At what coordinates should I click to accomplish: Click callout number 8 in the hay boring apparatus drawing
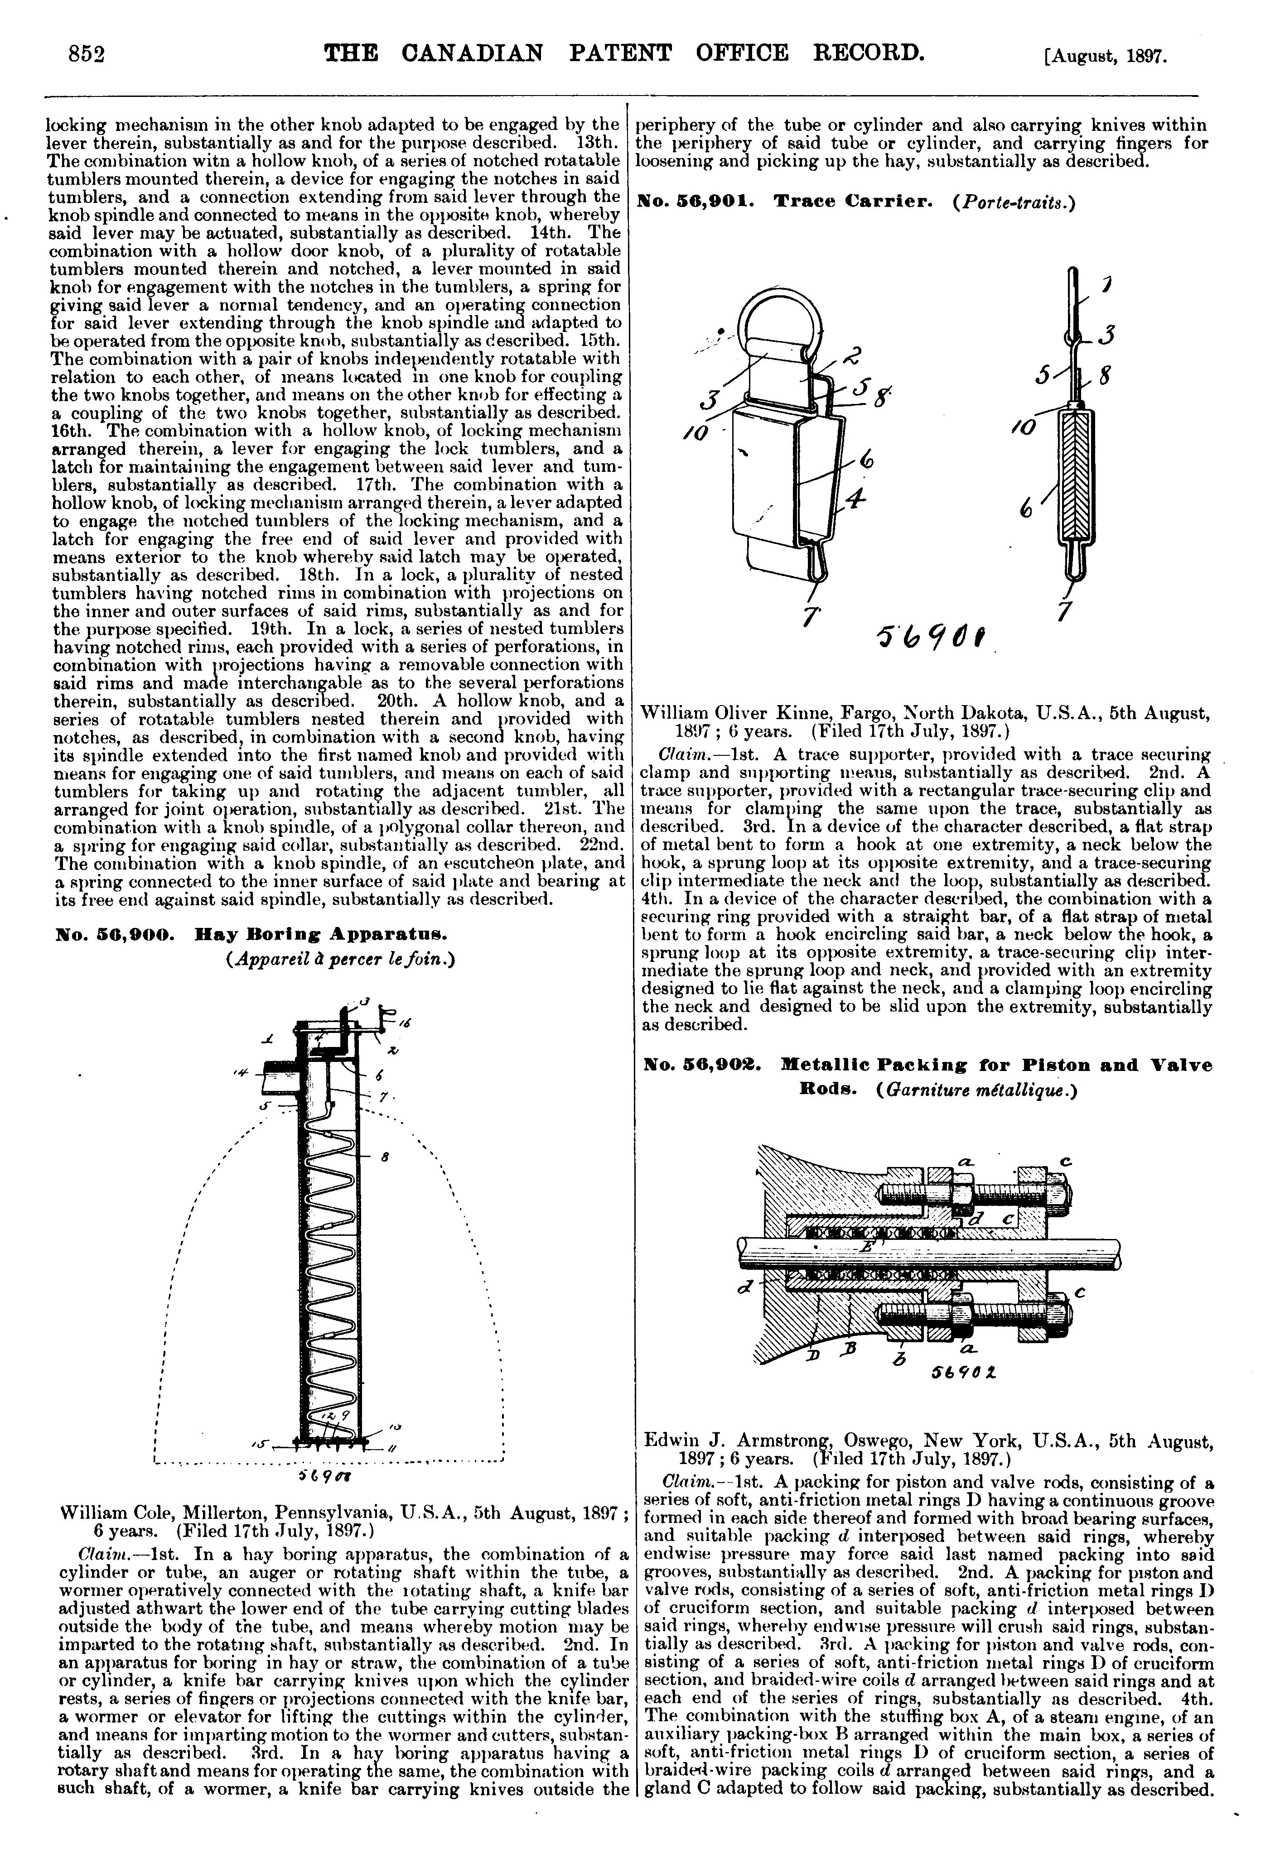(x=386, y=1158)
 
